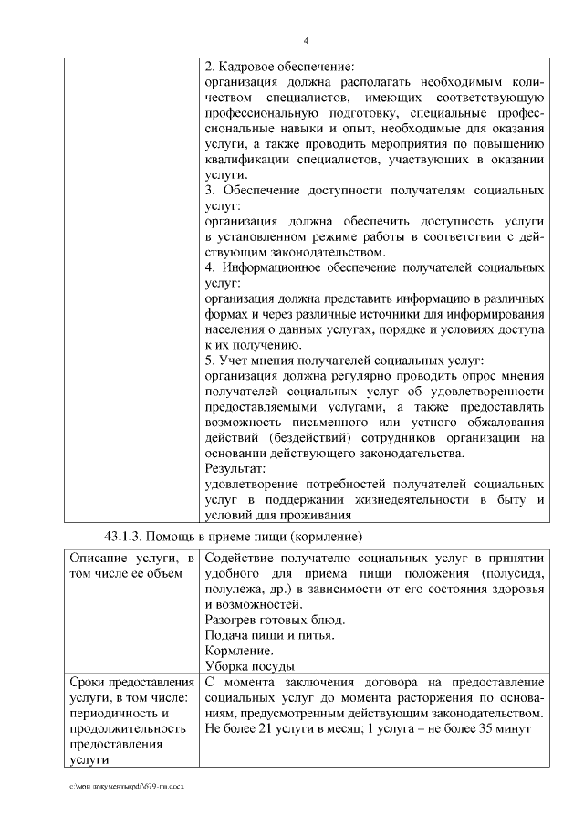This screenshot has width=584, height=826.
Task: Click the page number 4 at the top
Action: click(x=306, y=40)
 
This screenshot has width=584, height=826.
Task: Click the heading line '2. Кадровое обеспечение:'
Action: click(x=279, y=67)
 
